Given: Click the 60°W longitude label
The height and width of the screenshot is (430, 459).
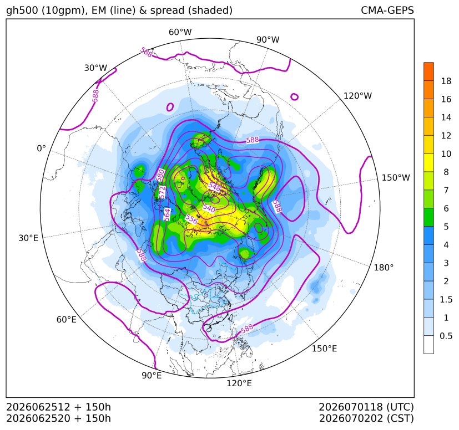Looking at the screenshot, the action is [x=180, y=32].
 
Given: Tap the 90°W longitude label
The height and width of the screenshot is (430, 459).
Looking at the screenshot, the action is [x=268, y=39].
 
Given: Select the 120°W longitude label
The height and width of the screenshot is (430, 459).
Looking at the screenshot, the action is [x=357, y=96].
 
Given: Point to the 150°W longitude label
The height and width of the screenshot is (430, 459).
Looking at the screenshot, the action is [x=396, y=177].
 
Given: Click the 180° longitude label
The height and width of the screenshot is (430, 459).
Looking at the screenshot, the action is [x=384, y=268].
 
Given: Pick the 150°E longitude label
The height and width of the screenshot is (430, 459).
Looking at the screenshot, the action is [x=324, y=349].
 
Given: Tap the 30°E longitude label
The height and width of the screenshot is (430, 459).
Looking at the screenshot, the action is [x=28, y=238].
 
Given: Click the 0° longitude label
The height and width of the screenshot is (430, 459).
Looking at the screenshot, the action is [x=41, y=149].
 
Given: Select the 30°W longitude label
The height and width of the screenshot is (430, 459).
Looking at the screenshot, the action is [x=95, y=68].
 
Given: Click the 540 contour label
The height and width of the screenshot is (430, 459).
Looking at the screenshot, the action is [x=209, y=208].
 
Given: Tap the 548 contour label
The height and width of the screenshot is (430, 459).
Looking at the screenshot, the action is [x=214, y=187].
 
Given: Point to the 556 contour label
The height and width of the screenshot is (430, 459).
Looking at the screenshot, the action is [x=191, y=219].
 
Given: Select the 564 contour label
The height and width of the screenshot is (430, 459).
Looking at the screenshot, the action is [x=167, y=214].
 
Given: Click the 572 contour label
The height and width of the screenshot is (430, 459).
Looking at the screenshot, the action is [x=162, y=192].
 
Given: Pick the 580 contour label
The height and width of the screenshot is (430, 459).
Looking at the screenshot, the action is [x=160, y=175].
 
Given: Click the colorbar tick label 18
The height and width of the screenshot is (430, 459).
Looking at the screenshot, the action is [x=446, y=81].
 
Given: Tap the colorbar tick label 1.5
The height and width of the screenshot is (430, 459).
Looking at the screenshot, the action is [x=446, y=299].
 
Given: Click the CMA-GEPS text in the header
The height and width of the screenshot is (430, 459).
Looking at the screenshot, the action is [x=387, y=10].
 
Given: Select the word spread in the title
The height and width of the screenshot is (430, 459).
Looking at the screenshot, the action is [x=167, y=11].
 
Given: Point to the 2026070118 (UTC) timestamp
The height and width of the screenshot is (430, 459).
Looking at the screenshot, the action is [x=366, y=407].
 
